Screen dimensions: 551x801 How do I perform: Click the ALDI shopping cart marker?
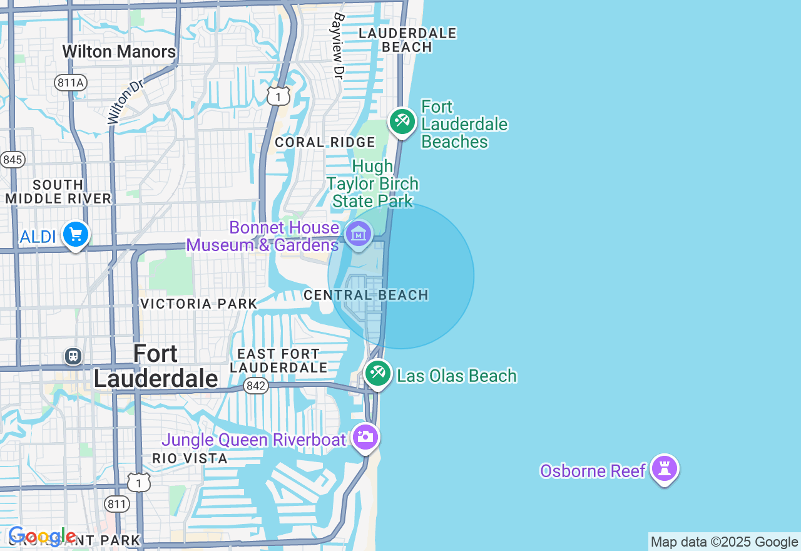pyautogui.click(x=76, y=235)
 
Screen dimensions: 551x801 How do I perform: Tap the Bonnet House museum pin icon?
pyautogui.click(x=359, y=235)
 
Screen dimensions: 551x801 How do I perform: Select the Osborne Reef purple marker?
pyautogui.click(x=664, y=468)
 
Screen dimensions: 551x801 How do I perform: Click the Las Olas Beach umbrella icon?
pyautogui.click(x=377, y=373)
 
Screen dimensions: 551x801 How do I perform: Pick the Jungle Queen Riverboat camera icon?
pyautogui.click(x=365, y=436)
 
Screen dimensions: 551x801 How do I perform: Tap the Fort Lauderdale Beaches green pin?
pyautogui.click(x=402, y=121)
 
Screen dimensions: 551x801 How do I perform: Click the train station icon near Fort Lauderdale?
pyautogui.click(x=73, y=356)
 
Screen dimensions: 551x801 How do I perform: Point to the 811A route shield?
pyautogui.click(x=69, y=83)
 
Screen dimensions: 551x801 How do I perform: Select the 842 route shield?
pyautogui.click(x=256, y=386)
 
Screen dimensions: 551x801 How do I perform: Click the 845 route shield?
pyautogui.click(x=12, y=160)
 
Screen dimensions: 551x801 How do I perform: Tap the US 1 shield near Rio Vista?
pyautogui.click(x=138, y=481)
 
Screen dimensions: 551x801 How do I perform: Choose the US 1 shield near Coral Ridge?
pyautogui.click(x=278, y=96)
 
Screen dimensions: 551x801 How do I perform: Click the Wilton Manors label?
pyautogui.click(x=119, y=51)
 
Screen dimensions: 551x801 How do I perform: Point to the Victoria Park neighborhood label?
pyautogui.click(x=198, y=304)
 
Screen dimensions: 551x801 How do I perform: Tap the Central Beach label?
pyautogui.click(x=366, y=295)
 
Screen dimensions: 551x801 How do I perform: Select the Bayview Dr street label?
pyautogui.click(x=339, y=46)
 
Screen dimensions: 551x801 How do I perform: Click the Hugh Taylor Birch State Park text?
pyautogui.click(x=373, y=183)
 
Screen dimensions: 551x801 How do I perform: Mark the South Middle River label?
pyautogui.click(x=58, y=192)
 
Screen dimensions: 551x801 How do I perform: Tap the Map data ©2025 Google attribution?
pyautogui.click(x=724, y=542)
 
